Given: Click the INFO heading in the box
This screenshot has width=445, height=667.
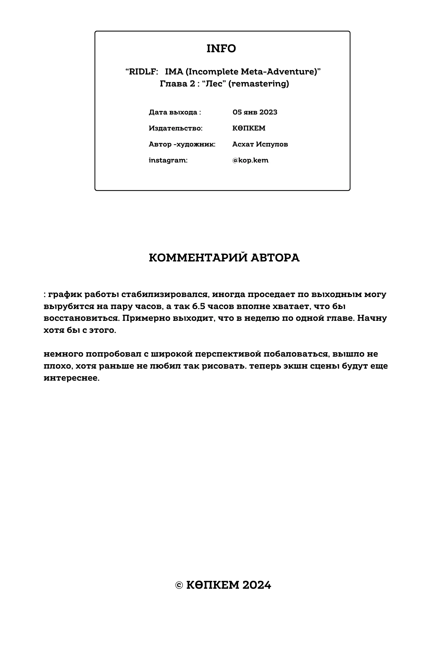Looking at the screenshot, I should coord(221,48).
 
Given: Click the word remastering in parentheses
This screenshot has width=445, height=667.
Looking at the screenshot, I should coord(259,84).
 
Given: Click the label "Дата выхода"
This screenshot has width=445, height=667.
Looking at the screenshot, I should coord(173,112).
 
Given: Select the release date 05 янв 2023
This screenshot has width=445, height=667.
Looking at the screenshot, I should coord(255,112).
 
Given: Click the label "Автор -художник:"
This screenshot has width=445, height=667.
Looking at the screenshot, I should coord(182,144).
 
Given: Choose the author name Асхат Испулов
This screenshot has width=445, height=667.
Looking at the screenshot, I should coord(260,144).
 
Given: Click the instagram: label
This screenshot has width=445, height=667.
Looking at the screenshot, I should coord(168,160).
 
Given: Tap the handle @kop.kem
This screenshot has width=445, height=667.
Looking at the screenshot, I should coord(250,160).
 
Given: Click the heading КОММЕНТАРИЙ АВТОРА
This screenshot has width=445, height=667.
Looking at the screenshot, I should coord(224,258).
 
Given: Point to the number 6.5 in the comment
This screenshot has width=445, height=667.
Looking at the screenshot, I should coord(198,306).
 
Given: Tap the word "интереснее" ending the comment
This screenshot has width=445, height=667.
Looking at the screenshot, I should coord(71,378).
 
